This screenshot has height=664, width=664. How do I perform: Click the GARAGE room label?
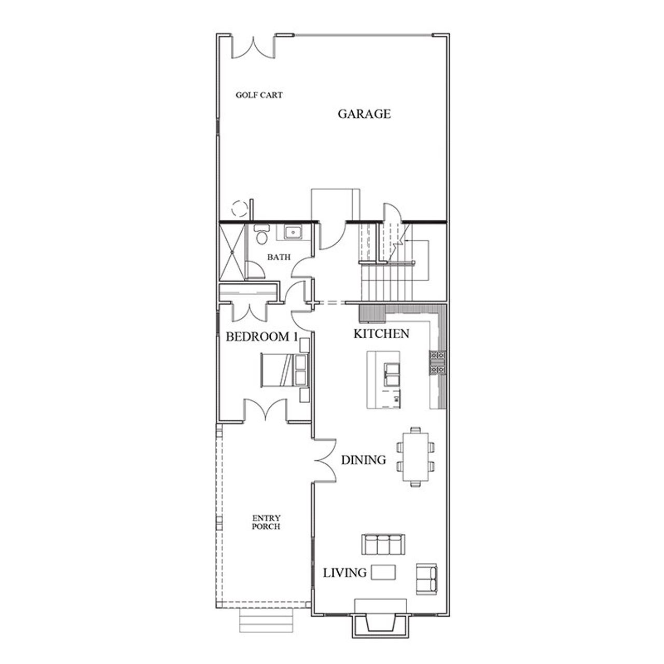[x=364, y=114]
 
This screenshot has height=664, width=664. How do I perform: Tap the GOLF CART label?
[x=259, y=95]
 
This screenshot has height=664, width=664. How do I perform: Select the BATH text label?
[x=279, y=257]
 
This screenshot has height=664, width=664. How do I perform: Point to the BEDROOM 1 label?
[x=262, y=337]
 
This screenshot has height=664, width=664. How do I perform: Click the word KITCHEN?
[x=381, y=334]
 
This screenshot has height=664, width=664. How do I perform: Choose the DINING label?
[x=363, y=460]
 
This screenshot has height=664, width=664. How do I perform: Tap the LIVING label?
[x=344, y=573]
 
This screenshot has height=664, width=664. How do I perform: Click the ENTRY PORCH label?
[x=266, y=522]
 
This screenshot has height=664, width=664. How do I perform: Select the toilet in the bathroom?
[x=261, y=233]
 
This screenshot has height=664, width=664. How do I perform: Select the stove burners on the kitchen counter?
[x=437, y=362]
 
